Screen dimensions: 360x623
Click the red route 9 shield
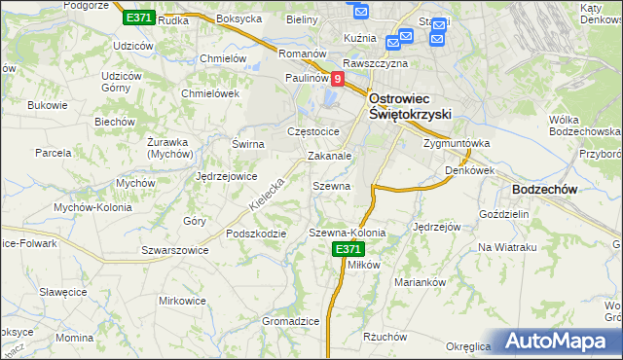click(x=337, y=79)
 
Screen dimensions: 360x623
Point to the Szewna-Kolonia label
click(x=347, y=233)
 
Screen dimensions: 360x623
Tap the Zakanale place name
click(x=329, y=155)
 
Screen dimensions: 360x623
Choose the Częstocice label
click(x=312, y=131)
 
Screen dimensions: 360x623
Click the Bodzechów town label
click(x=545, y=190)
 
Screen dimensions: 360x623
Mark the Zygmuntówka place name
click(x=456, y=143)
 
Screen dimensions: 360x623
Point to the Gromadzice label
click(x=291, y=321)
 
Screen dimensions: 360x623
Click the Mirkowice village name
click(x=183, y=301)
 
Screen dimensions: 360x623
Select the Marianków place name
click(x=420, y=281)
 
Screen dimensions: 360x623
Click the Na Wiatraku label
click(x=507, y=247)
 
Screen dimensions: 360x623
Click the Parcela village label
click(x=54, y=153)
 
